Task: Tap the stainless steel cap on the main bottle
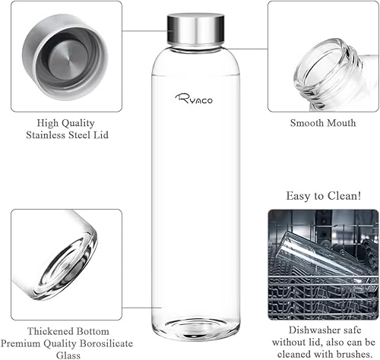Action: click(195, 27)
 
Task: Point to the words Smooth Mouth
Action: click(318, 122)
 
